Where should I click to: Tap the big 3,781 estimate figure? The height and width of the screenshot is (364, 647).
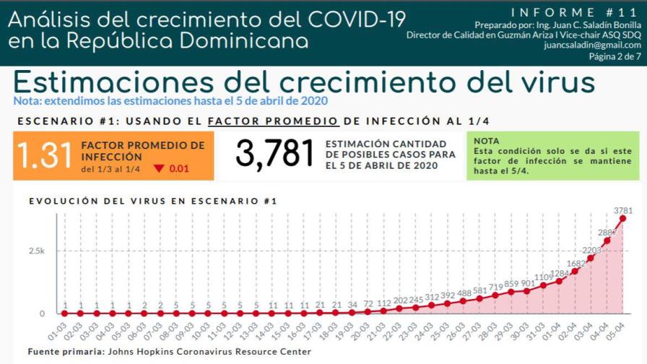click(x=276, y=155)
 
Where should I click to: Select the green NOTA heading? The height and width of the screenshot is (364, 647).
click(x=486, y=141)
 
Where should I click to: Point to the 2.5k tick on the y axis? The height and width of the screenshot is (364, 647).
click(x=37, y=251)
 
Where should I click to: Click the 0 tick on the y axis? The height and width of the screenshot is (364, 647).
click(x=42, y=313)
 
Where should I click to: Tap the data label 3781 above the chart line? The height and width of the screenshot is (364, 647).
click(x=623, y=210)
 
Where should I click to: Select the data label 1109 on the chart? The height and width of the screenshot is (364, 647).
click(x=543, y=277)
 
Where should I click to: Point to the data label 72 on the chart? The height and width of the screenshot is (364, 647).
click(x=368, y=304)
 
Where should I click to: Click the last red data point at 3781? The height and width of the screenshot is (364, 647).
click(x=622, y=218)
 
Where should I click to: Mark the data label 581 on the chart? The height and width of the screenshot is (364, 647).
click(x=479, y=290)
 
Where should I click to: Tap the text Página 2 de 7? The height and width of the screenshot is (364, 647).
click(x=615, y=56)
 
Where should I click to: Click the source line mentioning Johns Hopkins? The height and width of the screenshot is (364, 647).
click(x=170, y=352)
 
